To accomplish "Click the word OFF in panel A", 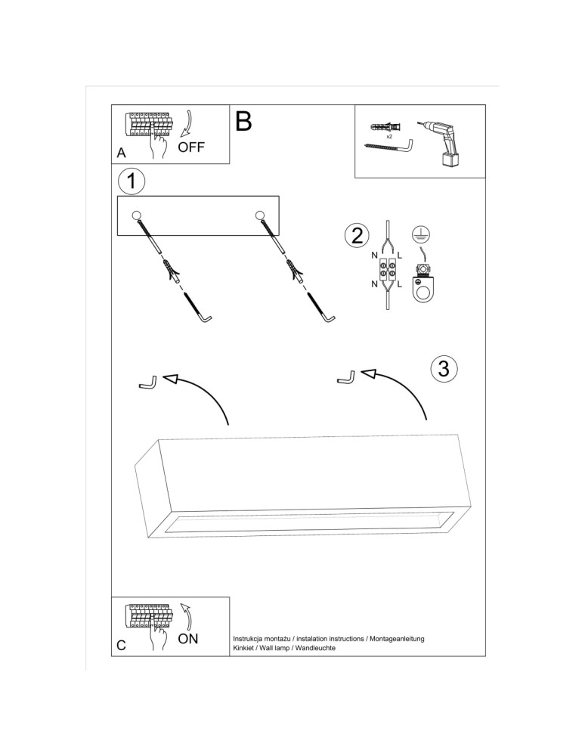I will pos(191,147).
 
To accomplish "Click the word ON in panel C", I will pos(188,639).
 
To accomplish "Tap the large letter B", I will pos(243,121).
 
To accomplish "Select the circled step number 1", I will pos(132,181).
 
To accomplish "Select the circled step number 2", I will pos(356,235).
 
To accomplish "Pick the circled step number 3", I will pos(444,368).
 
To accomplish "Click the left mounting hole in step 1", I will pos(137,215).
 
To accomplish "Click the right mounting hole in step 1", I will pos(261,215).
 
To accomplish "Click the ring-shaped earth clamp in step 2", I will pos(422,288).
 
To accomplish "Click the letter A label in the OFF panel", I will pos(121,153).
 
